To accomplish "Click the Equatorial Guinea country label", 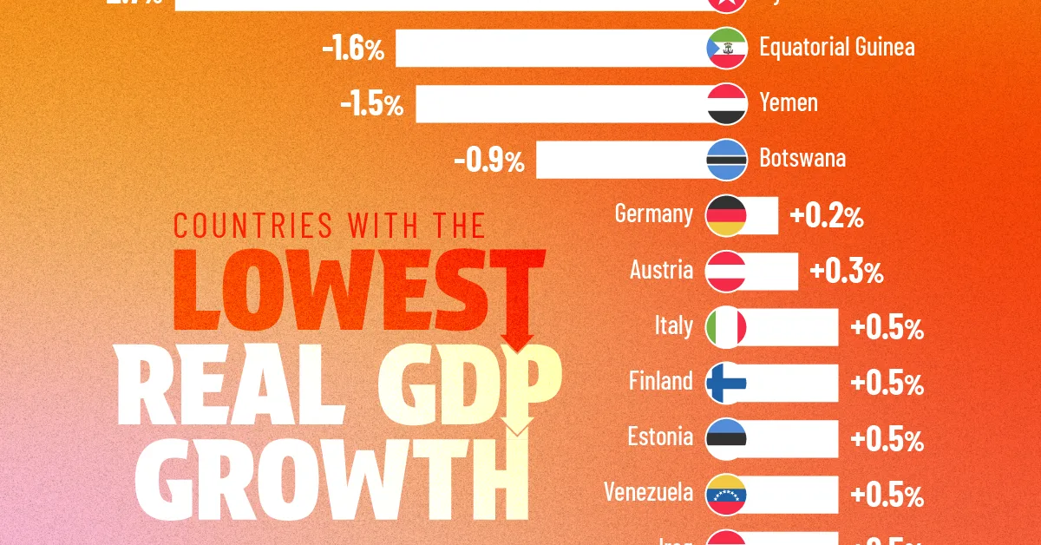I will click(836, 47).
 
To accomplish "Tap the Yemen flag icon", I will click(727, 103).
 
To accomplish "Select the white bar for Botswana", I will click(621, 160).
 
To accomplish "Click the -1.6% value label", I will click(352, 49).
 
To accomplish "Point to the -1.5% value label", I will click(371, 105).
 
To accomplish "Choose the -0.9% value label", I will click(488, 161).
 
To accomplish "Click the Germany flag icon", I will click(727, 215).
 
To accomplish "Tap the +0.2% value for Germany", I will click(826, 217).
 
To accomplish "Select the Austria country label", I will click(662, 270).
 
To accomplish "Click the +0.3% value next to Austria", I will click(846, 272).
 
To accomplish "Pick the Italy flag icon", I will click(727, 327).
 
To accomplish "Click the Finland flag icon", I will click(727, 383).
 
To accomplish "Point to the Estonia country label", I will click(660, 437).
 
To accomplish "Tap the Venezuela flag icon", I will click(727, 494).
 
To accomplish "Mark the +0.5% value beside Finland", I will click(887, 384).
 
